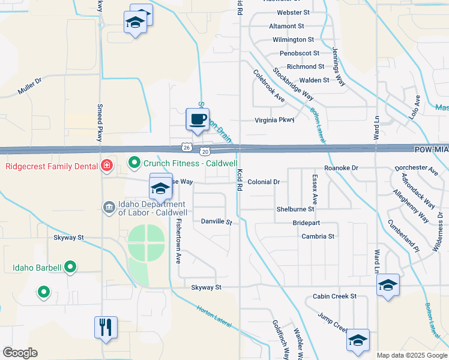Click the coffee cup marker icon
click(x=197, y=119)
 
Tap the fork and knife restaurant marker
click(x=106, y=327)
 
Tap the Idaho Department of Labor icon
click(x=108, y=208)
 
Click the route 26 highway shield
click(x=187, y=146)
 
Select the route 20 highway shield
click(x=205, y=152)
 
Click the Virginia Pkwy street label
click(x=275, y=120)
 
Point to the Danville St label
click(x=216, y=221)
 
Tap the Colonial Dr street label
click(x=264, y=182)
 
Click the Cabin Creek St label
click(x=334, y=296)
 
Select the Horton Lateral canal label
click(x=214, y=316)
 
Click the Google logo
click(x=20, y=352)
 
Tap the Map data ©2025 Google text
click(x=411, y=355)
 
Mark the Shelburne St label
click(x=295, y=209)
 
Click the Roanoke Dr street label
click(x=340, y=169)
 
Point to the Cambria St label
click(x=318, y=236)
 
